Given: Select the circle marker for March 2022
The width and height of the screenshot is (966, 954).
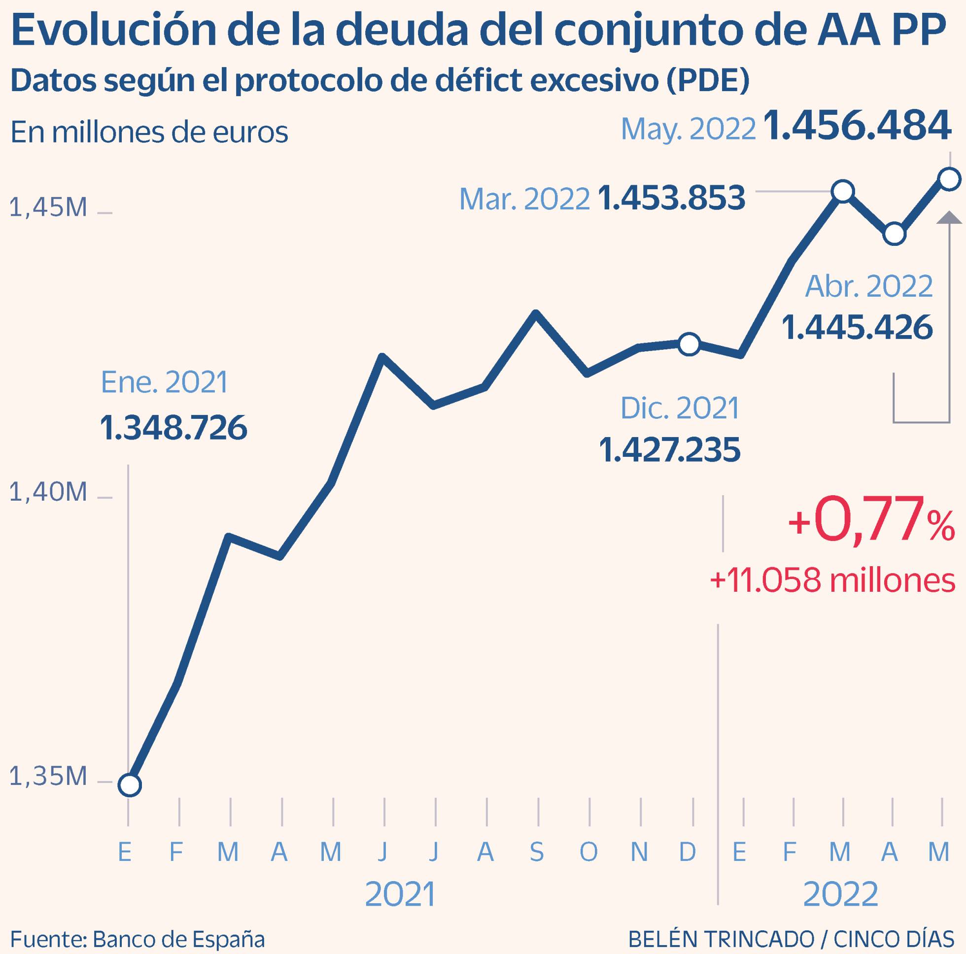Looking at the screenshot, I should point(843,191).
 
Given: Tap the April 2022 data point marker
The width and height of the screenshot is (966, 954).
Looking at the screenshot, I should point(894,234).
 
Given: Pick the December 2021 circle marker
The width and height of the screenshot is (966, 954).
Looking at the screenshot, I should point(689,344).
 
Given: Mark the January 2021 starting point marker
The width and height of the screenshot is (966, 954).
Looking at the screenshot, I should point(130,784).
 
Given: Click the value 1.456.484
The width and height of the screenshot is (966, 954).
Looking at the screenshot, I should point(857,126).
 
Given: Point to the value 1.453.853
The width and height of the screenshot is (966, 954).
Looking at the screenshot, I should point(671,198).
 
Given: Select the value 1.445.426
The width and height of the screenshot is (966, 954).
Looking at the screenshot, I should point(857,328).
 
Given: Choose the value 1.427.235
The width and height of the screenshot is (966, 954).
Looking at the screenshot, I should point(669,449).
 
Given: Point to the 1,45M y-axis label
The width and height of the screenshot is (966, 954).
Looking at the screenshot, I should point(48,207).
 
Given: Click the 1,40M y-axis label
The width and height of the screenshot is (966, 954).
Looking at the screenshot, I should point(48,492).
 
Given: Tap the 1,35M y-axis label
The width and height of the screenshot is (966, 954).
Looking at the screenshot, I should point(48,777).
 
